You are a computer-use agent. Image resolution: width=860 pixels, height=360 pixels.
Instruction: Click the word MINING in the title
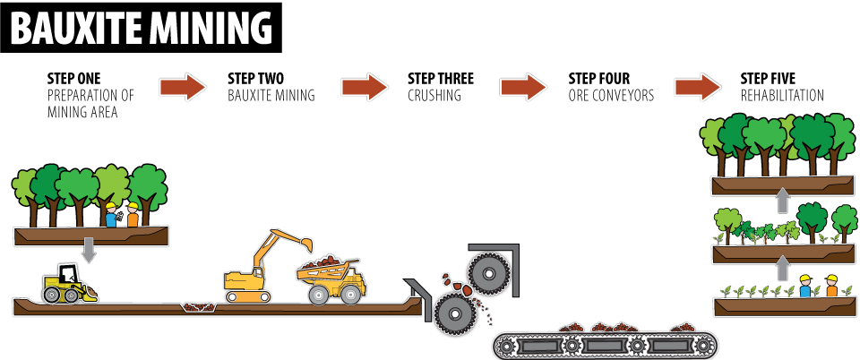[x=210, y=29]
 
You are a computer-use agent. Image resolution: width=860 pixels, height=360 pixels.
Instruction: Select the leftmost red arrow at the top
[x=182, y=87]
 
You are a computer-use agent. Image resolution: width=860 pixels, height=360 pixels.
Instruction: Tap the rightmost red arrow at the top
[x=697, y=87]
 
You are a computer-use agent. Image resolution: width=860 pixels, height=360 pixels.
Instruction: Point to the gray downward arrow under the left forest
[x=89, y=250]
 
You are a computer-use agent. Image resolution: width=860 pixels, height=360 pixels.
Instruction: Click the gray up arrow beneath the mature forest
[x=782, y=200]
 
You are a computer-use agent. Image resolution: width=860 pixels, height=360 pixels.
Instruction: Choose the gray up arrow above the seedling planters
[x=782, y=268]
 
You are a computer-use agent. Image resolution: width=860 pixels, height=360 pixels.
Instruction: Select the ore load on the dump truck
[x=327, y=262]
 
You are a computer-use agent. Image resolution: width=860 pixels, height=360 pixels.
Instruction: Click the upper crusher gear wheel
[x=489, y=273]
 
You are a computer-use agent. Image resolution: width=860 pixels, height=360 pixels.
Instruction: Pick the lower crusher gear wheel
[x=456, y=313]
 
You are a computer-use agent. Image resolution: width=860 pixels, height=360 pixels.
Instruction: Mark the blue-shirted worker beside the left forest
[x=110, y=216]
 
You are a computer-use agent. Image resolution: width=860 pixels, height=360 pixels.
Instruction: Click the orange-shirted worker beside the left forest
[x=133, y=216]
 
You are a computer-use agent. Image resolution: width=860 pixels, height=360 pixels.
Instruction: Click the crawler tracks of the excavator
[x=247, y=296]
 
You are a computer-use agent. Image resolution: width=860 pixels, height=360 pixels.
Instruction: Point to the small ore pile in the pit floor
[x=198, y=307]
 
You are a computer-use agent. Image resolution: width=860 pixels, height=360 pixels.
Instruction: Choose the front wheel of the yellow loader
[x=73, y=295]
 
